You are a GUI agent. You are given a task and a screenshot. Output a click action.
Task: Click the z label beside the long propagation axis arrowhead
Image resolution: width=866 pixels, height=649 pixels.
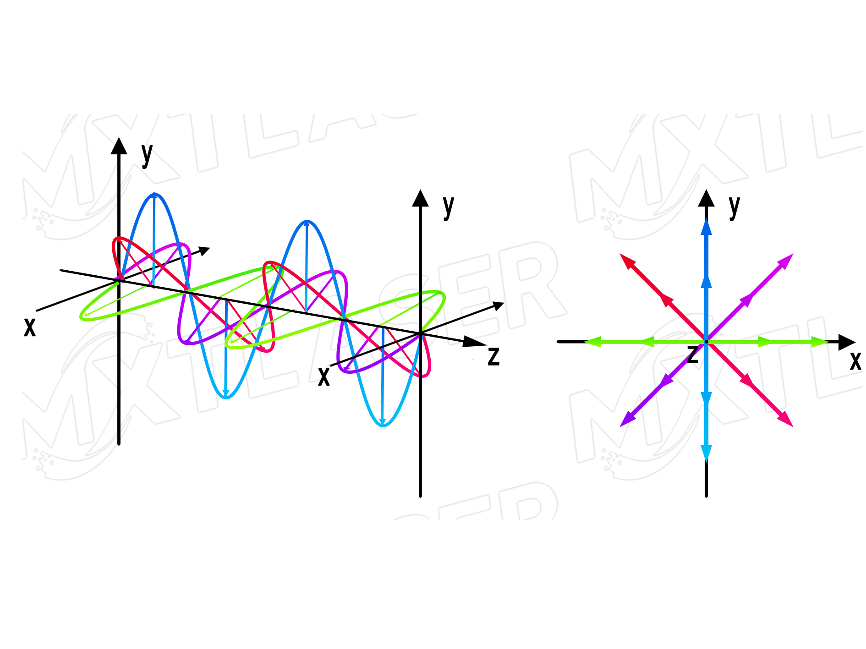tap(493, 356)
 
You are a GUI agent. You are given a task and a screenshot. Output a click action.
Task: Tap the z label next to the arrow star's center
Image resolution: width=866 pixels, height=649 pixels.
tap(693, 354)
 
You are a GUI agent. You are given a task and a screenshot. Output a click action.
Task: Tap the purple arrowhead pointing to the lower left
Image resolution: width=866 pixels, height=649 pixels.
tap(626, 420)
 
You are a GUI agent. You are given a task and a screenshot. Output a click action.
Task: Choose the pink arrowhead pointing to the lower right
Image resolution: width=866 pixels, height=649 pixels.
tap(786, 420)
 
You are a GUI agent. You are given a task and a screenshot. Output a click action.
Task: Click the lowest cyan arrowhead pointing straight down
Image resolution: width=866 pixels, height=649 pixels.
tap(706, 453)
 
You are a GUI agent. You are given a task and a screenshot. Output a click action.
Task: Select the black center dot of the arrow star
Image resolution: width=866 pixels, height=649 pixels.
tap(706, 342)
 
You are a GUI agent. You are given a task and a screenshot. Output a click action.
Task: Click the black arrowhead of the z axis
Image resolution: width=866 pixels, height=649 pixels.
tap(474, 341)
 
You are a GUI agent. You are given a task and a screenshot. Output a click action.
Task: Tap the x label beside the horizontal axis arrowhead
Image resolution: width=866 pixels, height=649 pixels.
tap(855, 360)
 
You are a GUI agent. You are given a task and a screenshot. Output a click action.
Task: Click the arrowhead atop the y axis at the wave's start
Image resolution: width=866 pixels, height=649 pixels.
tap(119, 146)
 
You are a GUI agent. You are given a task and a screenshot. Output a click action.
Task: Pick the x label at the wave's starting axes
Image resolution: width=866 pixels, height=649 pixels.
tap(30, 327)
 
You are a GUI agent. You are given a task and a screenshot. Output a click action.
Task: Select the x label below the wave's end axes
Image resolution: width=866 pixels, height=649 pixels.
tap(324, 377)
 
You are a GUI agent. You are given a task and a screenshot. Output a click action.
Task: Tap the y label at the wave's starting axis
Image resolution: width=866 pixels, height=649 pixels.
tap(147, 154)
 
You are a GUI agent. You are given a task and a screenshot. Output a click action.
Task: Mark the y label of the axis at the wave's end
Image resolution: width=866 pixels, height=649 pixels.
tap(449, 206)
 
